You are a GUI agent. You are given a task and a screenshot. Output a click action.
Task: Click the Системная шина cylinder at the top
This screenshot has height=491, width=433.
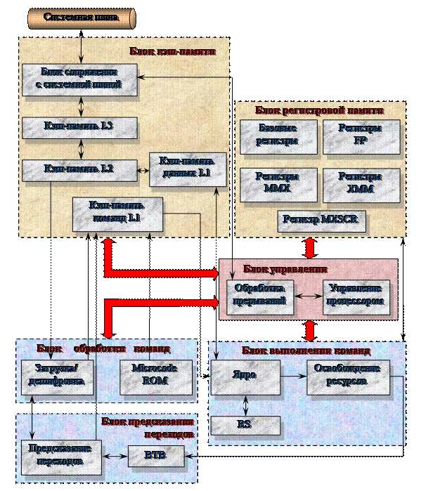pyautogui.click(x=82, y=18)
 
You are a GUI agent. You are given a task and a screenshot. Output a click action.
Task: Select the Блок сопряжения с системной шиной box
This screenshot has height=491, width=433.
pyautogui.click(x=79, y=79)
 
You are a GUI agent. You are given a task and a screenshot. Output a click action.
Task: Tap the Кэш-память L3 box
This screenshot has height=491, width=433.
pyautogui.click(x=79, y=126)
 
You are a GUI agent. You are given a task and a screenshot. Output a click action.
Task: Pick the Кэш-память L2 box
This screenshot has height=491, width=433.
pyautogui.click(x=79, y=169)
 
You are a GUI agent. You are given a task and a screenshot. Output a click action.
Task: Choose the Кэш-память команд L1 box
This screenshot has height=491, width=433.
pyautogui.click(x=117, y=213)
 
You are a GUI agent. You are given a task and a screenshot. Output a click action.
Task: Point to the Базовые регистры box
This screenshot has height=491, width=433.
pyautogui.click(x=278, y=136)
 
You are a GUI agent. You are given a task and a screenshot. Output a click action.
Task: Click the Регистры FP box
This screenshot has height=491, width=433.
pyautogui.click(x=361, y=136)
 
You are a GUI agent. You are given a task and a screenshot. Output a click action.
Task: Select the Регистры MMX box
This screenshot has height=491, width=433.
pyautogui.click(x=278, y=184)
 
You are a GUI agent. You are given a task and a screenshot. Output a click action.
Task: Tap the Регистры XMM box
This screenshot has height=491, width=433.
pyautogui.click(x=361, y=184)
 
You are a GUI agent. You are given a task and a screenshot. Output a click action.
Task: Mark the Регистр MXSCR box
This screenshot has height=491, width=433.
pyautogui.click(x=321, y=221)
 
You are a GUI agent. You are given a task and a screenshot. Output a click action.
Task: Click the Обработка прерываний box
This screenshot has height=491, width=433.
pyautogui.click(x=259, y=296)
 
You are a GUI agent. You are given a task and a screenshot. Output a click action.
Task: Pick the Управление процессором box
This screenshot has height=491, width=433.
pyautogui.click(x=356, y=296)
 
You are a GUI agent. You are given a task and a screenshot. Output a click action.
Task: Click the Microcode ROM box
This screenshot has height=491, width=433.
pyautogui.click(x=155, y=375)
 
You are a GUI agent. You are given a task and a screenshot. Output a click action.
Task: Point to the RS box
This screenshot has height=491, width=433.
pyautogui.click(x=245, y=425)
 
